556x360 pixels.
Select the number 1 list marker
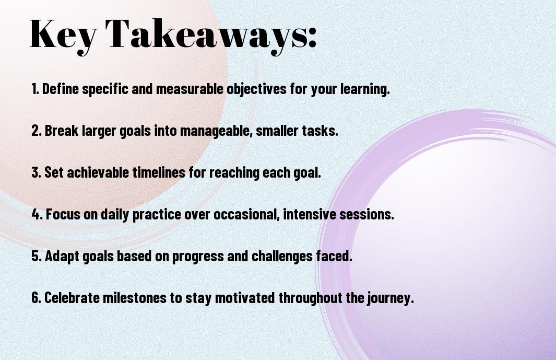[x=35, y=89]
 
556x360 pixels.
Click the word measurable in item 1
[x=190, y=89]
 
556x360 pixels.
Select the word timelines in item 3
[x=159, y=172]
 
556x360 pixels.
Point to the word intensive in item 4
[x=309, y=214]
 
